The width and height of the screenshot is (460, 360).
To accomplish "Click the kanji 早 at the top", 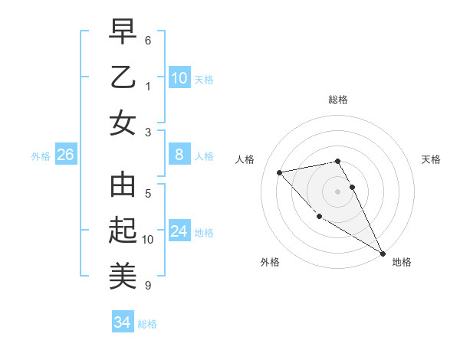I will [123, 33].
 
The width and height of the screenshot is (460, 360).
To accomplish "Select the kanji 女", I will [123, 123].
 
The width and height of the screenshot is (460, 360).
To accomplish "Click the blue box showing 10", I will [179, 78].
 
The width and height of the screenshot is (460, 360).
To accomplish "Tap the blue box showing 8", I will [179, 155].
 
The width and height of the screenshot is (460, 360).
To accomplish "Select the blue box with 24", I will [179, 231].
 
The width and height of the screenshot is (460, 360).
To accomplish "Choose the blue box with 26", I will [65, 155].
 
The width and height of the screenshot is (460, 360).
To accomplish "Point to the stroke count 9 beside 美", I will [148, 286].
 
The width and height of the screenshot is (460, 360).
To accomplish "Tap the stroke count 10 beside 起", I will [148, 240].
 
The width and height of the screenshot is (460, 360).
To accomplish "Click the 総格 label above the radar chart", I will [338, 100].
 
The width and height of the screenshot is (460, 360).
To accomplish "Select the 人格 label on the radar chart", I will [245, 159].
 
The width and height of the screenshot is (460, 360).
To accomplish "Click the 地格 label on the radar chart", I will [402, 262].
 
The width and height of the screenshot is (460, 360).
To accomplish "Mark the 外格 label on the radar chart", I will [270, 262].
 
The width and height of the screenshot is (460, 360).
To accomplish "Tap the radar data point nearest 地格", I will [383, 254].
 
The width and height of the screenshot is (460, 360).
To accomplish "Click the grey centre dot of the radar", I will [338, 191].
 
